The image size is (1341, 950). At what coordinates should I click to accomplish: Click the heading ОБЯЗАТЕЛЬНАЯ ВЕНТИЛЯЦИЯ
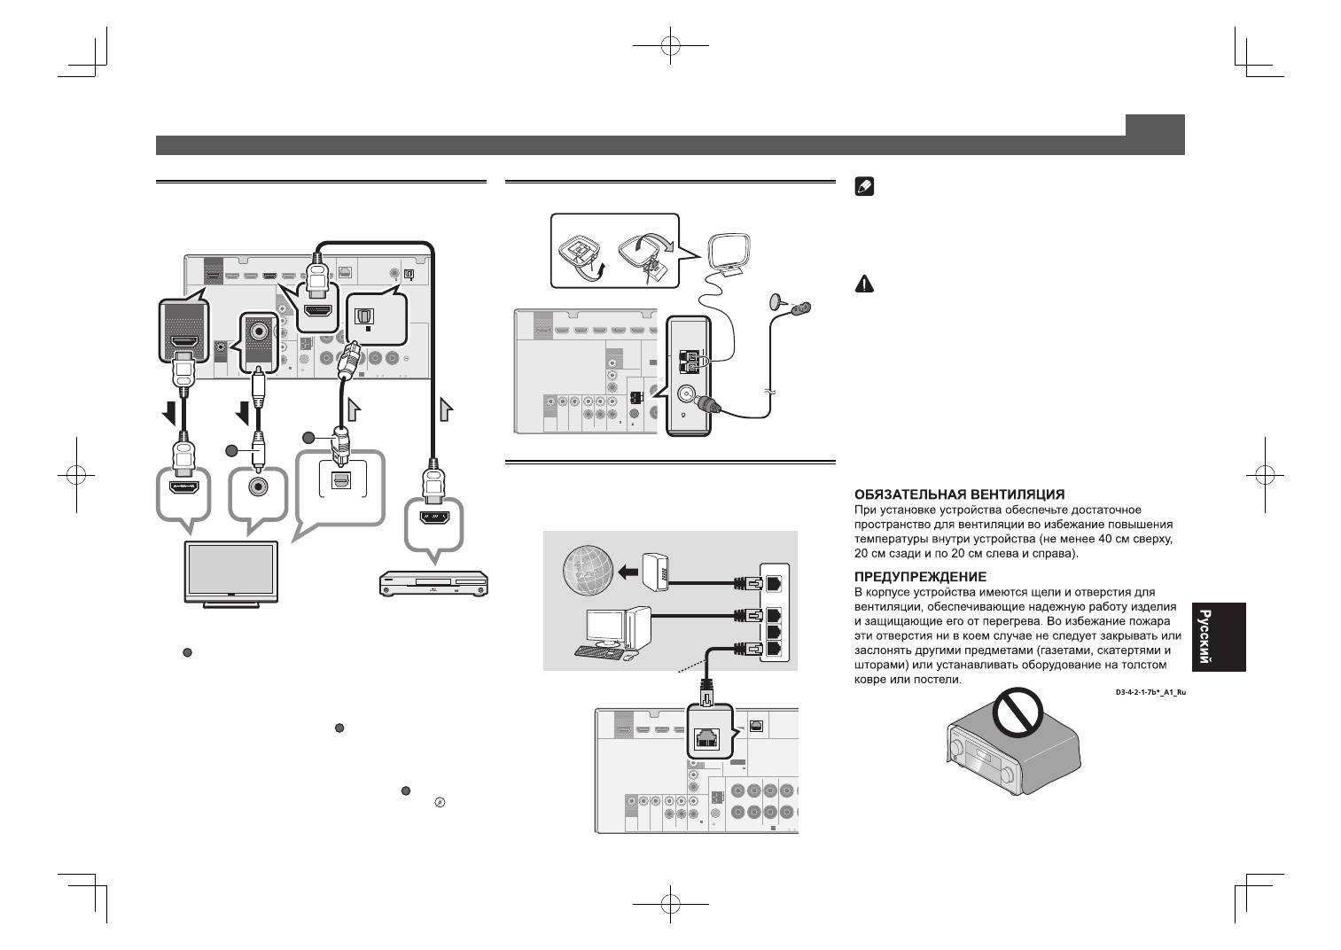pos(959,494)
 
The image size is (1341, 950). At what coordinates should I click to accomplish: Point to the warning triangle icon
pos(863,284)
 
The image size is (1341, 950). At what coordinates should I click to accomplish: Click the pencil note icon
pos(863,187)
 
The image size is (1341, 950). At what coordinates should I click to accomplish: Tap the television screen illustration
pos(229,572)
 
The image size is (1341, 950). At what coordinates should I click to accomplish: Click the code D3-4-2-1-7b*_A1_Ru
pos(1150,691)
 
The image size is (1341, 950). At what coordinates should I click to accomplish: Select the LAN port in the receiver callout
pos(707,739)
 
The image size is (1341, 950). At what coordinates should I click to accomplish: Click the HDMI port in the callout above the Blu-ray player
pos(434,519)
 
